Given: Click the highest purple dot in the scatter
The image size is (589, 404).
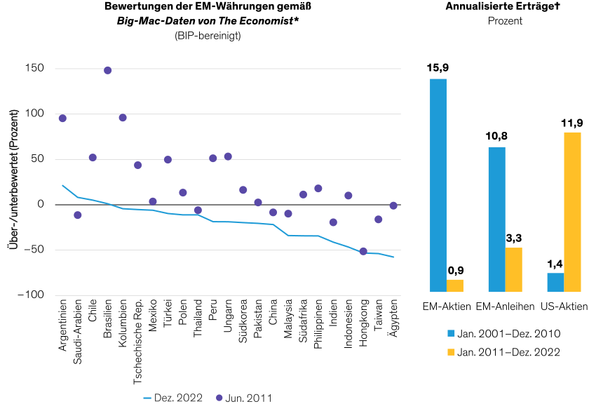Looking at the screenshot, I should click(x=107, y=70).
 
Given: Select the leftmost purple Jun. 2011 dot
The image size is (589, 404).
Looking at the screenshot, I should click(x=62, y=119).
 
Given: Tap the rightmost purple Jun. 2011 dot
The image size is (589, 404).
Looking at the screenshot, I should click(x=393, y=206).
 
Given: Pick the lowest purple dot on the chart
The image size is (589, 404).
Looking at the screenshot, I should click(x=363, y=251).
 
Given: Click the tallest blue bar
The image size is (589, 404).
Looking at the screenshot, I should click(x=438, y=185).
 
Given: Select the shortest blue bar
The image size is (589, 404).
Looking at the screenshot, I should click(x=555, y=283).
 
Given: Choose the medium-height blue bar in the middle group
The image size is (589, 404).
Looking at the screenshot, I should click(x=496, y=220).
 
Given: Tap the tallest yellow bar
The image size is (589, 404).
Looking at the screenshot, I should click(x=572, y=212).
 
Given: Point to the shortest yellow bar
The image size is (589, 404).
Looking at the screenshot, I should click(x=455, y=285).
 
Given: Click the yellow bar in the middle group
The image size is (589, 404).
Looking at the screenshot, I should click(x=514, y=270).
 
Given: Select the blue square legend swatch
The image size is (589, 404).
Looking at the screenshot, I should click(x=451, y=333).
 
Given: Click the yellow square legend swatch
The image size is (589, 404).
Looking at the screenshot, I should click(x=451, y=352).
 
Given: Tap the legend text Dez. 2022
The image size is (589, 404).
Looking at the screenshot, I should click(x=178, y=398).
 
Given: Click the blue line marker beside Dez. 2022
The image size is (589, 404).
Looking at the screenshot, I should click(x=147, y=398).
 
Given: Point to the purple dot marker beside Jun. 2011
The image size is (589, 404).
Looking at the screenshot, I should click(x=219, y=398).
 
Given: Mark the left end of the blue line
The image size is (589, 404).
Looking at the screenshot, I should click(x=62, y=185).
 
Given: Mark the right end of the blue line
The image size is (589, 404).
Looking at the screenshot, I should click(x=393, y=257).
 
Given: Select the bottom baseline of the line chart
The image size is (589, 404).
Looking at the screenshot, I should click(x=228, y=295).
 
